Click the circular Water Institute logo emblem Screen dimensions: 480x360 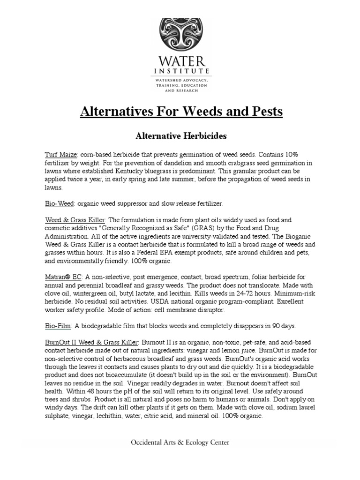coord(180,36)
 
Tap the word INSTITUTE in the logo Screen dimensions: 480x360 coord(180,71)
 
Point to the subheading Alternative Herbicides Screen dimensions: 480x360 coord(180,136)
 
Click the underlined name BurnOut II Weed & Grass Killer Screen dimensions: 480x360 coord(92,342)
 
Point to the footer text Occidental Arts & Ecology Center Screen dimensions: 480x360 coord(180,442)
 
